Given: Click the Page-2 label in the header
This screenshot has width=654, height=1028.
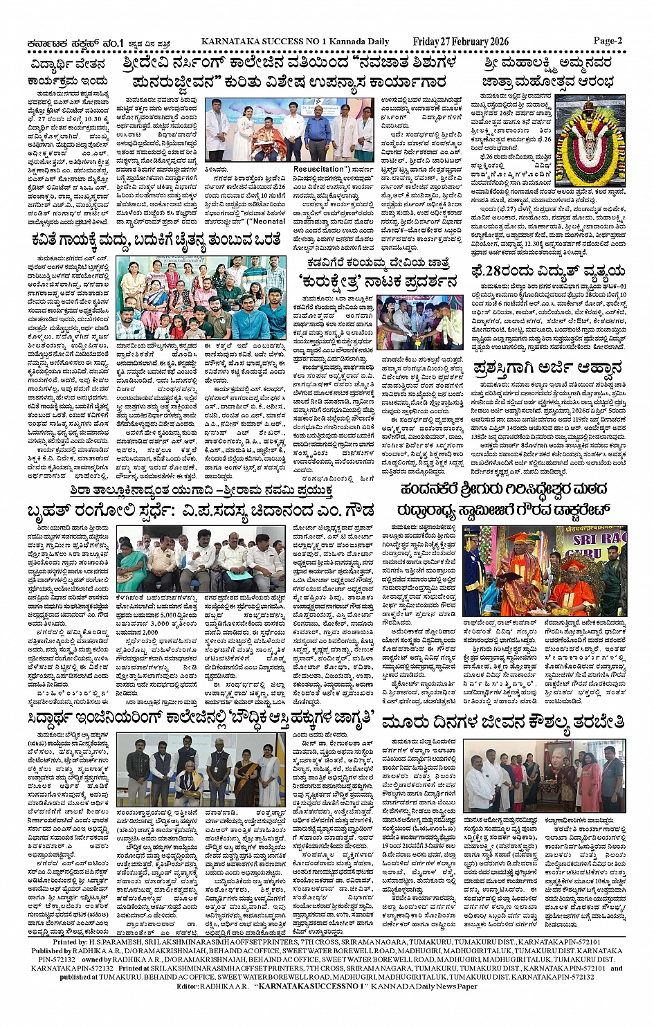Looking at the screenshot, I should (607, 41).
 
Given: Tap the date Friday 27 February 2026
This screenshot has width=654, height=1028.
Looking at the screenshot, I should (460, 42).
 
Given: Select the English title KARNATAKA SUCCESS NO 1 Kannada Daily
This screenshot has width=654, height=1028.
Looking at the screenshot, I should (295, 42).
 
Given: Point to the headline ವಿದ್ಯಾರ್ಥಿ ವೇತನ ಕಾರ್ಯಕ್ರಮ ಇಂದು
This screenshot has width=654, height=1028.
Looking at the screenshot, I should (68, 73).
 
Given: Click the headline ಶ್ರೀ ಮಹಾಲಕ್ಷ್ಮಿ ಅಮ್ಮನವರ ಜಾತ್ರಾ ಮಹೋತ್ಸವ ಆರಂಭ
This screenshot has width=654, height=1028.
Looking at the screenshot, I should (548, 73).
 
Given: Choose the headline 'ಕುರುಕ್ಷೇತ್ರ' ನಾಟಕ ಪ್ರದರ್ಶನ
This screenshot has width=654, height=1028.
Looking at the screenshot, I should (378, 282).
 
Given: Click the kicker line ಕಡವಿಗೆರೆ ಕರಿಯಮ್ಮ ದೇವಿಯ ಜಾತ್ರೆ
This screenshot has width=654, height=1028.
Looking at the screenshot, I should (378, 264).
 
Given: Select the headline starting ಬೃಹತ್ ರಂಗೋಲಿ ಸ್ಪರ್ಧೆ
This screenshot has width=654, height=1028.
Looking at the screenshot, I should (200, 512).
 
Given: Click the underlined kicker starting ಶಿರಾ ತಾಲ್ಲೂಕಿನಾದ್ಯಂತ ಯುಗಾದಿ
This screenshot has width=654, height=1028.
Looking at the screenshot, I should (200, 490).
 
